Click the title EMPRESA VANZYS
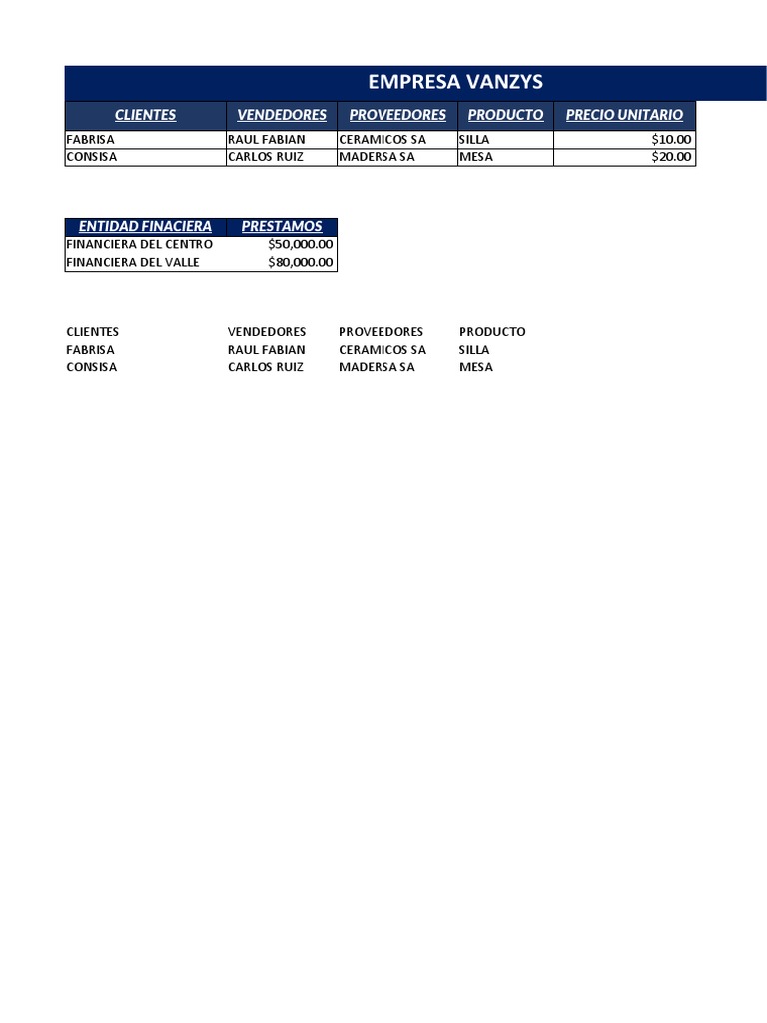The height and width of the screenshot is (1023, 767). (455, 82)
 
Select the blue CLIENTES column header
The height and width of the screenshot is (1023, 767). (145, 115)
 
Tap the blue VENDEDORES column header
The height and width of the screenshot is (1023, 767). (282, 115)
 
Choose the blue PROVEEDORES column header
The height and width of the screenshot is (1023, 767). (397, 115)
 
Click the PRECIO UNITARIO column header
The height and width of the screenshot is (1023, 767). (624, 115)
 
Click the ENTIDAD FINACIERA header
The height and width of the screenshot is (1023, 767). (145, 227)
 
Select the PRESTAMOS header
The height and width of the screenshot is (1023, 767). (282, 227)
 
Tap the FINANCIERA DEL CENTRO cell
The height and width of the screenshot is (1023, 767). (139, 245)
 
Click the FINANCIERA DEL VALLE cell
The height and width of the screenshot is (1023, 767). (133, 263)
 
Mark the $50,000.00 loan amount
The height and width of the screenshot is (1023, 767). (301, 245)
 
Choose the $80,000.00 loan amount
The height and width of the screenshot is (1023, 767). (301, 263)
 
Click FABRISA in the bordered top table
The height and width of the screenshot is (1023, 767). (91, 140)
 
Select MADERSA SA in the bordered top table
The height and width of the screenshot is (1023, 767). (377, 157)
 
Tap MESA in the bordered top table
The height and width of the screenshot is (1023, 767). (475, 157)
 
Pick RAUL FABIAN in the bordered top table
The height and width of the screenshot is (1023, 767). (267, 140)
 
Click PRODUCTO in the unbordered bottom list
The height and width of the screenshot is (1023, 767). (492, 332)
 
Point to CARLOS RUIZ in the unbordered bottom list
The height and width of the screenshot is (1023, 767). (266, 367)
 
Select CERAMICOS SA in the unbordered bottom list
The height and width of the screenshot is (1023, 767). (383, 350)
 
